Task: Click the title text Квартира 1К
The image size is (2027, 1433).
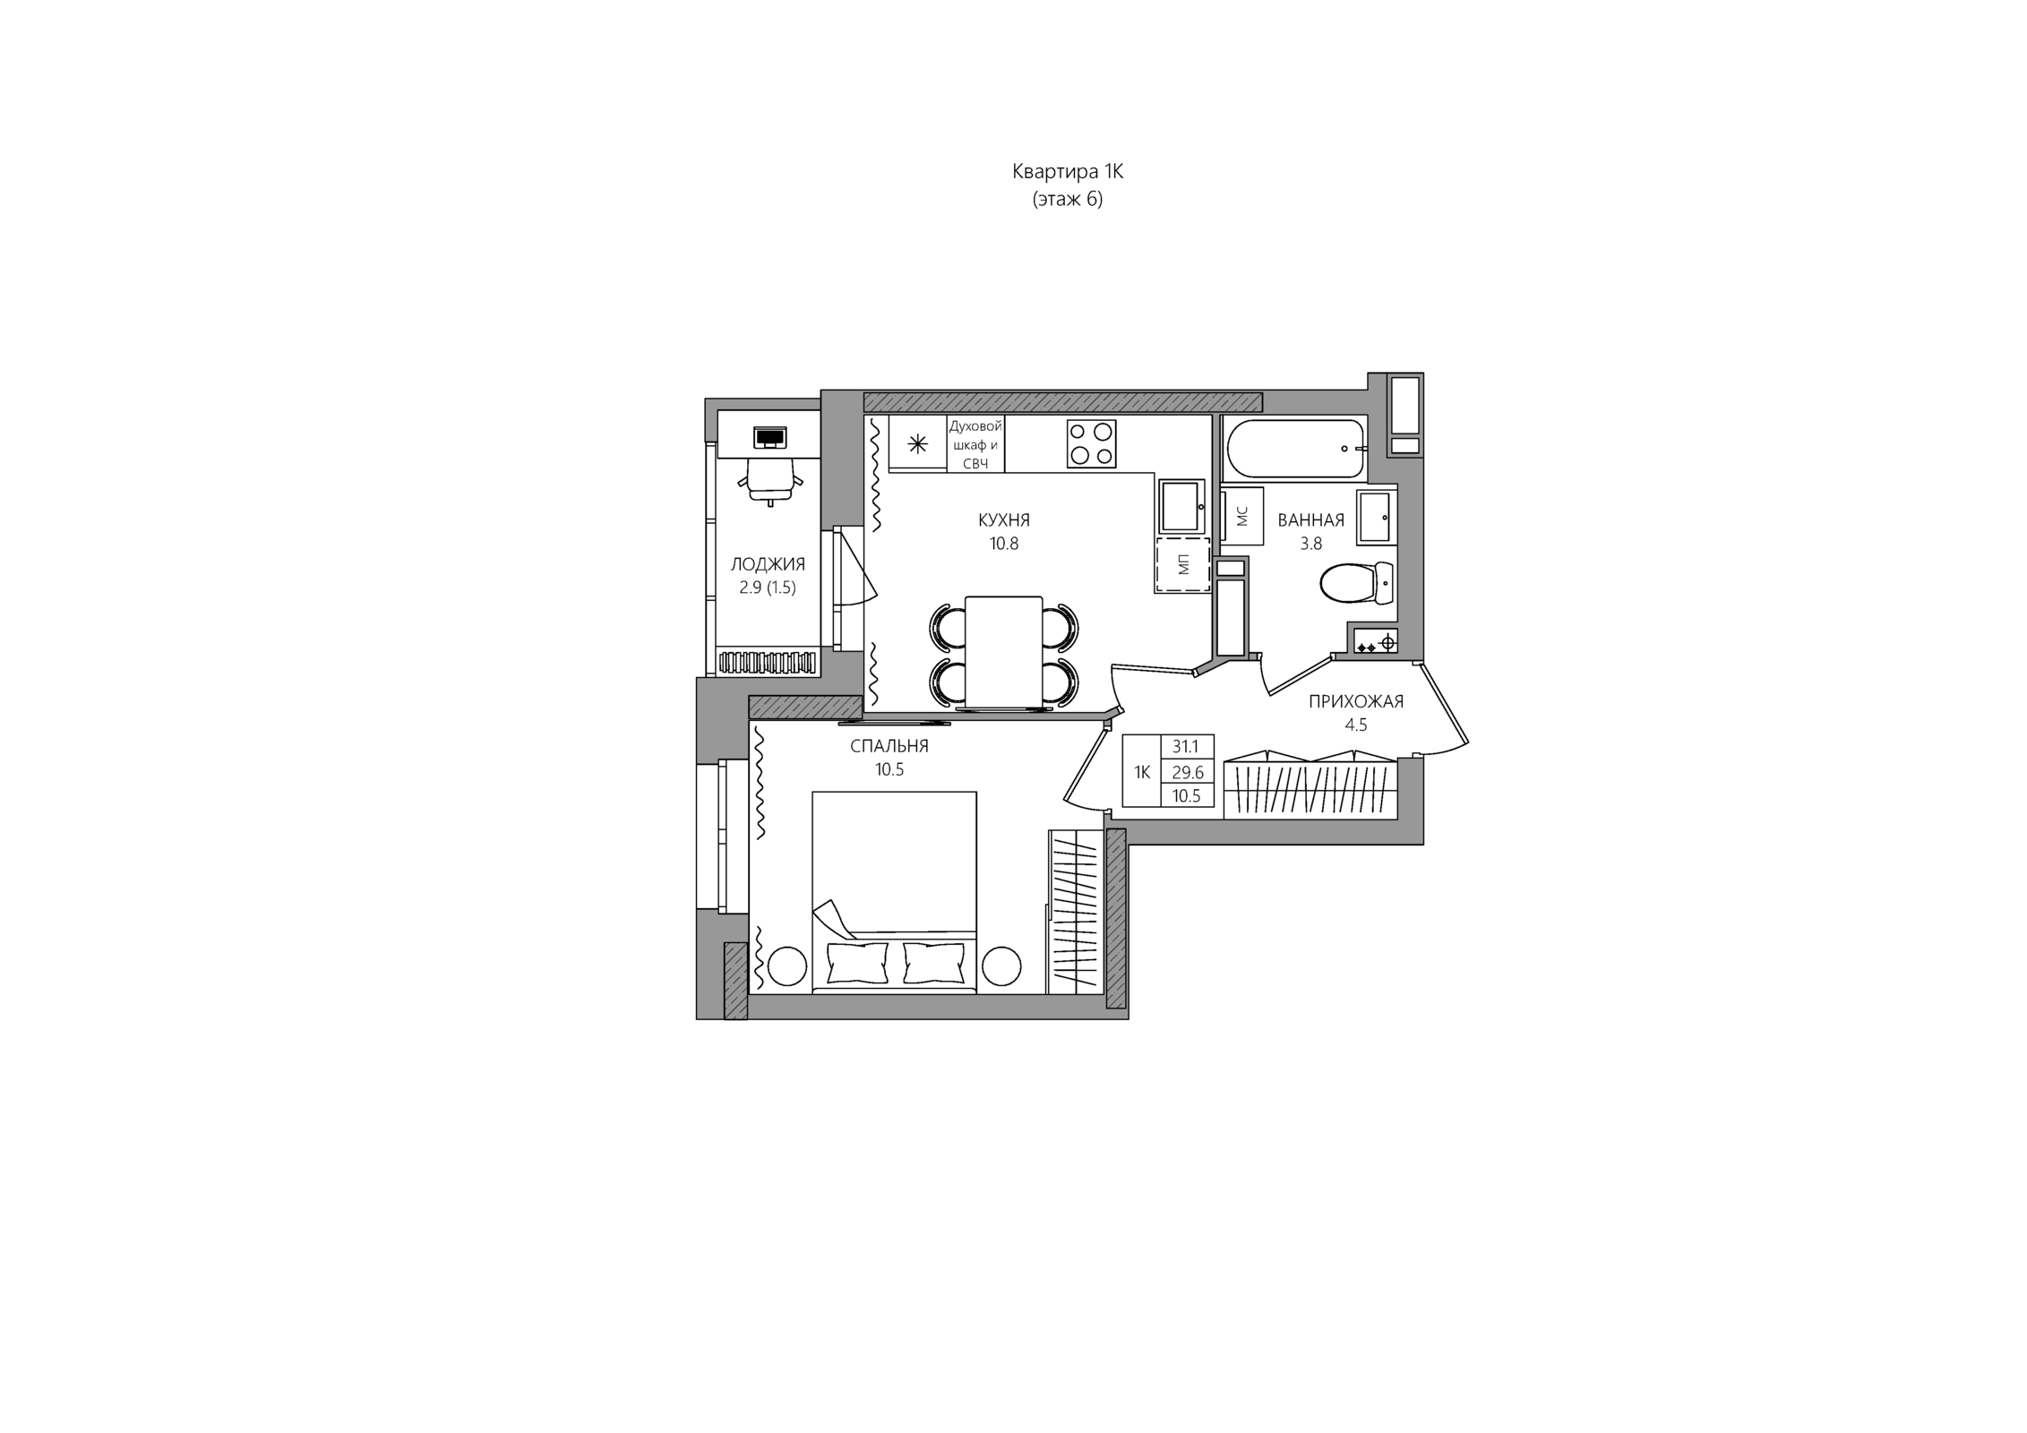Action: tap(1068, 171)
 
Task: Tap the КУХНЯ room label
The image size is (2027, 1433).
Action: tap(1004, 520)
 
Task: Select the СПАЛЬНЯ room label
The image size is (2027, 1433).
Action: tap(889, 746)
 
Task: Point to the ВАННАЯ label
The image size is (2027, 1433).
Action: tap(1311, 520)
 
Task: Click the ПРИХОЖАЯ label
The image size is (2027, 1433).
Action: tap(1356, 702)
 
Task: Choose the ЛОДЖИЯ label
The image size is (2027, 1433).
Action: tap(768, 565)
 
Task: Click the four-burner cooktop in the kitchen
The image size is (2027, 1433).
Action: tap(1091, 443)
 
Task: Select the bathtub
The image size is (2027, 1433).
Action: tap(1296, 449)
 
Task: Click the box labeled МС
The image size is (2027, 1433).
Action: tap(1242, 517)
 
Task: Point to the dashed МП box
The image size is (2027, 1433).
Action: tap(1182, 564)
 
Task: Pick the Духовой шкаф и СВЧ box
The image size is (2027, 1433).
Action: tap(975, 444)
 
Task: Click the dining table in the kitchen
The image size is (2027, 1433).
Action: tap(1004, 653)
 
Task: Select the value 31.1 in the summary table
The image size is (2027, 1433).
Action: tap(1186, 747)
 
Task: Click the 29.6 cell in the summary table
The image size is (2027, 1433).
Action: tap(1187, 772)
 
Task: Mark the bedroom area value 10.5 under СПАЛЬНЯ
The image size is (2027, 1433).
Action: tap(889, 769)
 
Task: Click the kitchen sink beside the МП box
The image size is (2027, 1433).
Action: tap(1182, 506)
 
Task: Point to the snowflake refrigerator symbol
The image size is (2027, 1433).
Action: tap(918, 444)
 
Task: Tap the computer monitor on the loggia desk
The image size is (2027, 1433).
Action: tap(769, 437)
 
